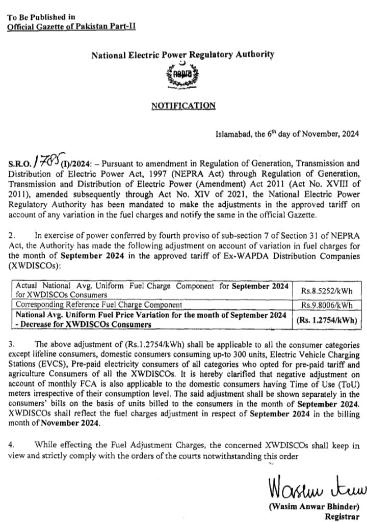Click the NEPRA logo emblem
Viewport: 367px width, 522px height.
pyautogui.click(x=183, y=77)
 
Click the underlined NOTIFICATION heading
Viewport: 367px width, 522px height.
pyautogui.click(x=183, y=105)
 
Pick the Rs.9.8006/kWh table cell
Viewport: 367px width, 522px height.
pyautogui.click(x=326, y=305)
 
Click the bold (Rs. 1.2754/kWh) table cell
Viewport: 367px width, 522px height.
pyautogui.click(x=326, y=320)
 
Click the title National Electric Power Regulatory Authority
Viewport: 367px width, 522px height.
pyautogui.click(x=183, y=54)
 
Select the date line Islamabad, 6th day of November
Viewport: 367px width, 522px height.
pyautogui.click(x=289, y=134)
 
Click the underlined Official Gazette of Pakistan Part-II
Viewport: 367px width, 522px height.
pyautogui.click(x=71, y=26)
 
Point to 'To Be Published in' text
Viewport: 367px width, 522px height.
pyautogui.click(x=41, y=16)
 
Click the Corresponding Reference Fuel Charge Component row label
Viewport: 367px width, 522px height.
pyautogui.click(x=99, y=305)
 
